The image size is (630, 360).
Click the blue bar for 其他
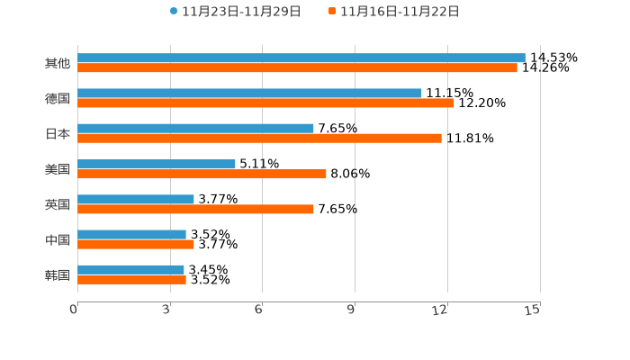tap(301, 58)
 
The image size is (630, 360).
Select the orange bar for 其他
tap(297, 67)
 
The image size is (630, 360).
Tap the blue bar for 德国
tap(249, 93)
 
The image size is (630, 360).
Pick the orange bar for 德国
tap(265, 103)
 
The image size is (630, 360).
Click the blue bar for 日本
tap(195, 128)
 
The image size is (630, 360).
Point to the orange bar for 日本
tap(259, 138)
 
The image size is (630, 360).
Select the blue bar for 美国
tap(157, 164)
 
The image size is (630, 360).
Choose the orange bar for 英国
tap(195, 209)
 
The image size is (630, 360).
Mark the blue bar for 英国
tap(136, 199)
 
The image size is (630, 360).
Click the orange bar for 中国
tap(136, 244)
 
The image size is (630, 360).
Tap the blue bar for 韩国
tap(130, 269)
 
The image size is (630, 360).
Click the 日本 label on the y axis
tap(58, 133)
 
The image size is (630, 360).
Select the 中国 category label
tap(58, 239)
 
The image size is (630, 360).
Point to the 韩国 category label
tap(58, 274)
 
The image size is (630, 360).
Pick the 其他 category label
tap(58, 63)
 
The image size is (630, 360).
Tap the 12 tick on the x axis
tap(440, 310)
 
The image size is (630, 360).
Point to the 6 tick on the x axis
tap(258, 310)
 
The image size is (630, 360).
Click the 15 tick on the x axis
tap(533, 310)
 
